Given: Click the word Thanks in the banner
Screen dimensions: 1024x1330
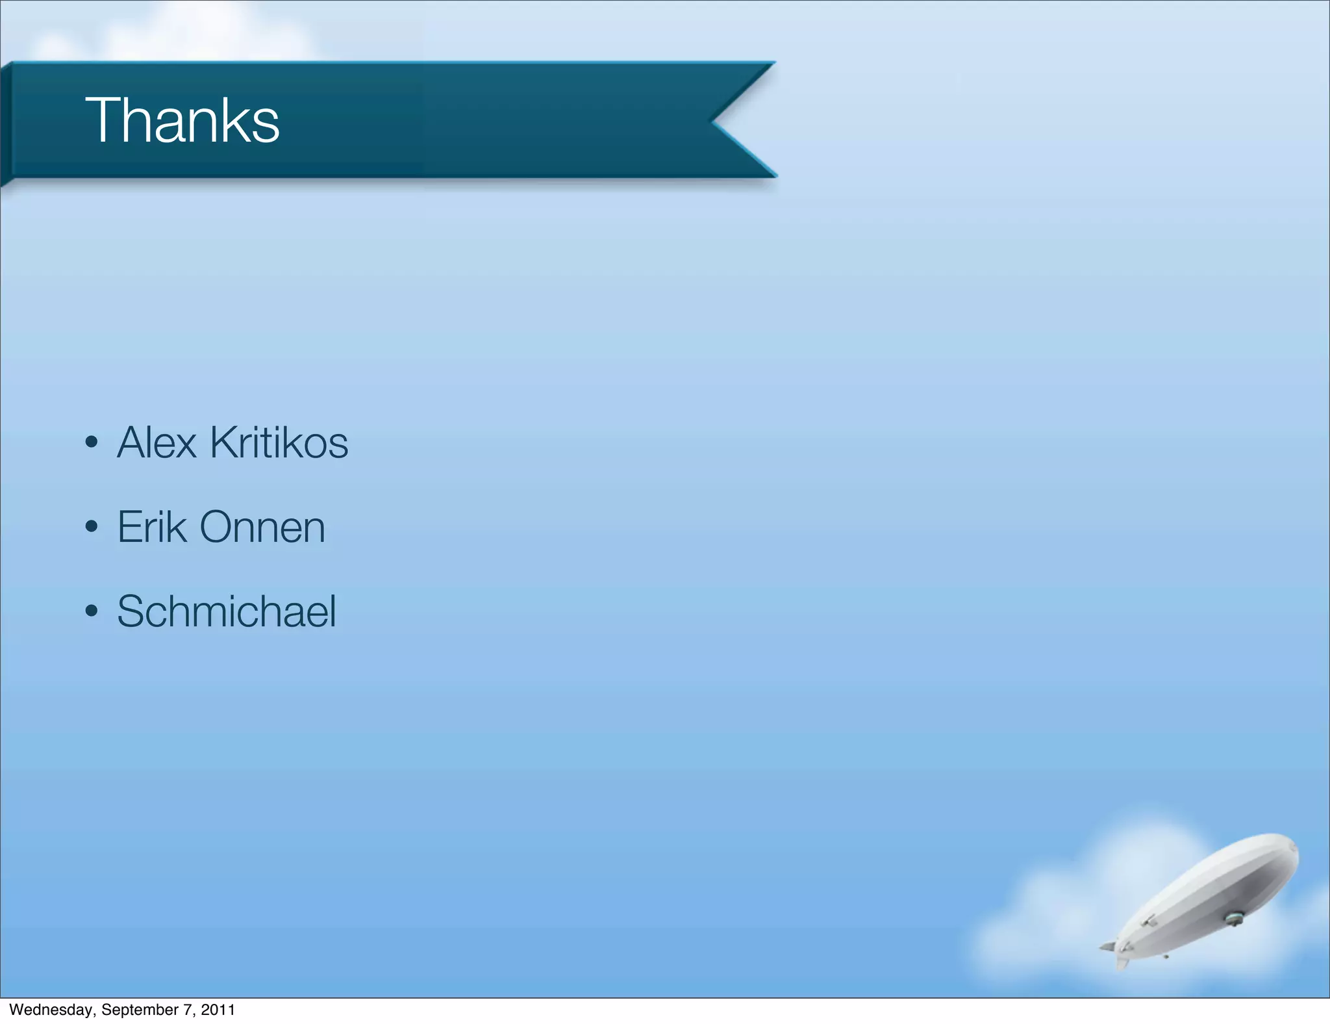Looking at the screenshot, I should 182,120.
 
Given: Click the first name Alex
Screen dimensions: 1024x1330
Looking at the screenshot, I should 157,443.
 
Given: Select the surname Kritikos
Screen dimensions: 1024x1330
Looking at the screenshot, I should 279,443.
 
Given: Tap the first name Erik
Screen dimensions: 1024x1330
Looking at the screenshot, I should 152,527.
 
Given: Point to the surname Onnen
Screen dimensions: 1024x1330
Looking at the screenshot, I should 262,527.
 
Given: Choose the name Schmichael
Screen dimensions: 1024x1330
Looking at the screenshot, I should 227,611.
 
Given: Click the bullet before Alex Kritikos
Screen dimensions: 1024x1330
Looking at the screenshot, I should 92,443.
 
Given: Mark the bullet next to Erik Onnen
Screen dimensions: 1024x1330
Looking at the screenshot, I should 92,527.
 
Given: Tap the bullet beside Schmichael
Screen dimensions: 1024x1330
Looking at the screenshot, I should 92,611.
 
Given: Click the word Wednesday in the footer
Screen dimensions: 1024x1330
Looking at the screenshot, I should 51,1010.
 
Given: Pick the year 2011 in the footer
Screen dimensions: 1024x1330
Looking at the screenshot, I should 218,1010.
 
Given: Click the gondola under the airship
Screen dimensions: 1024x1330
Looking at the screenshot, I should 1233,918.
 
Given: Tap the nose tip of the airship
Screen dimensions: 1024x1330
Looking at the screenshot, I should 1295,848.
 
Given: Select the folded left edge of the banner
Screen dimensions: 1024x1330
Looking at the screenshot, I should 6,123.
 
